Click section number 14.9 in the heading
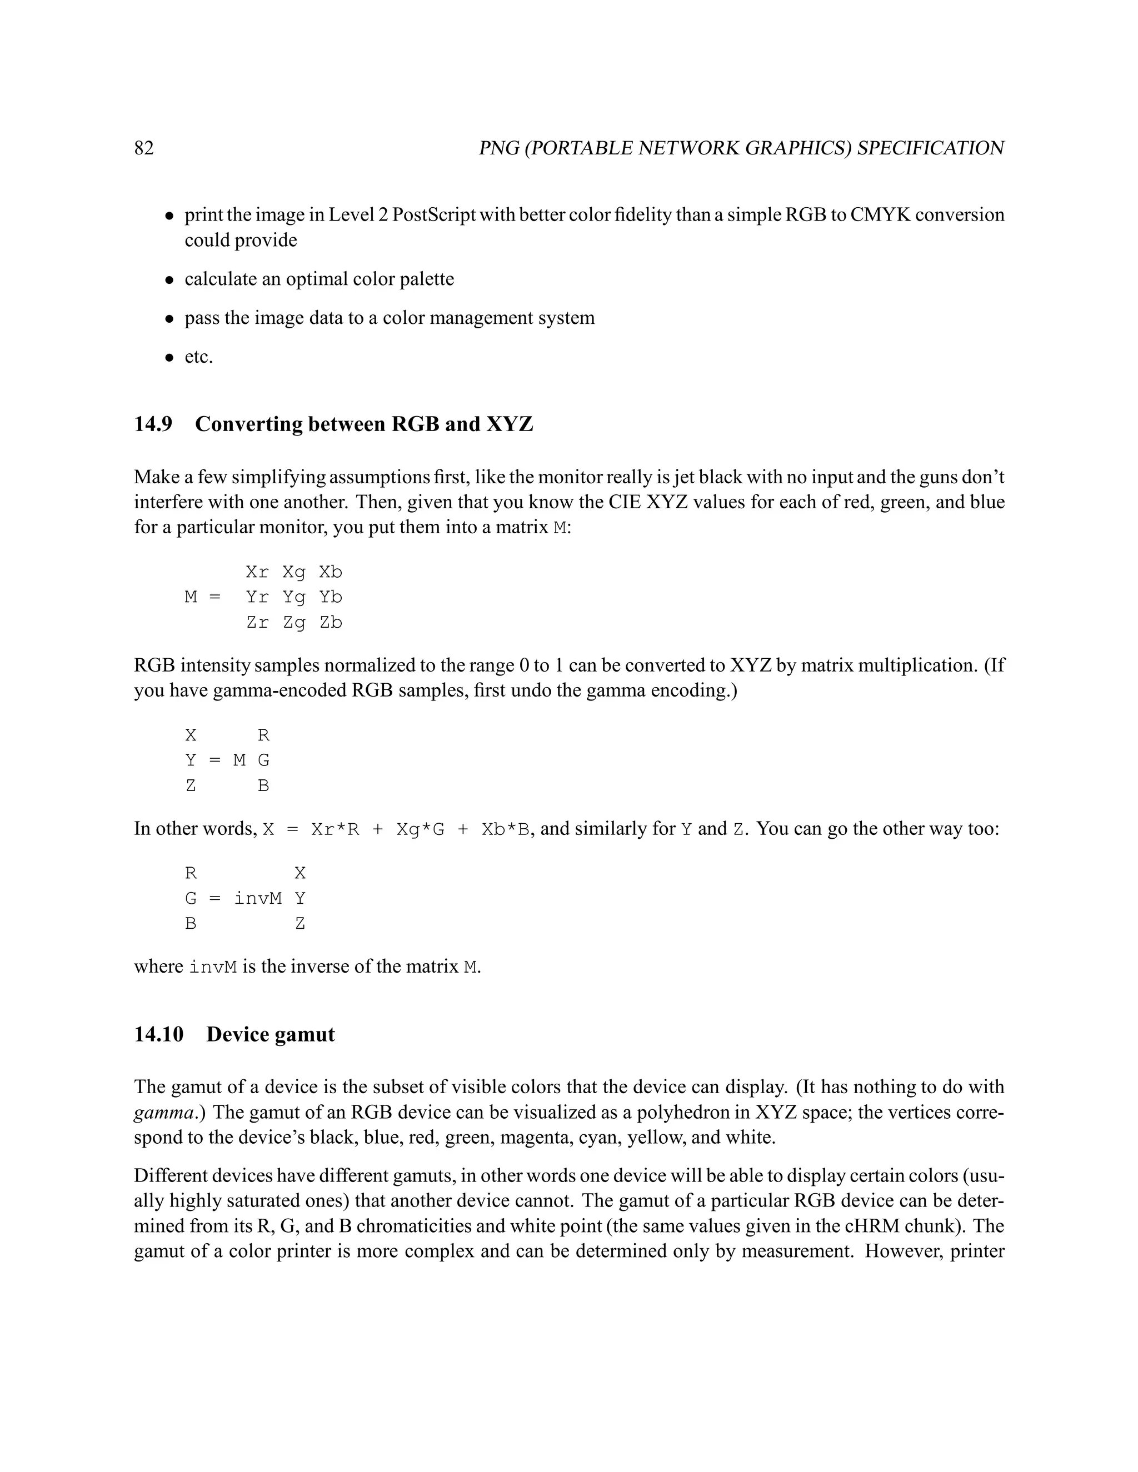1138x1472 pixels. tap(153, 424)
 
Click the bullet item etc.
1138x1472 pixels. tap(199, 357)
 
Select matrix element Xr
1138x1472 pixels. tap(257, 572)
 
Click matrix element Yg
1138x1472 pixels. tap(294, 598)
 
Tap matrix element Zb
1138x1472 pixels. tap(331, 623)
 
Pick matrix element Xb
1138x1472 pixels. tap(331, 572)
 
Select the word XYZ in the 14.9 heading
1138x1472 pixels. tap(509, 424)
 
